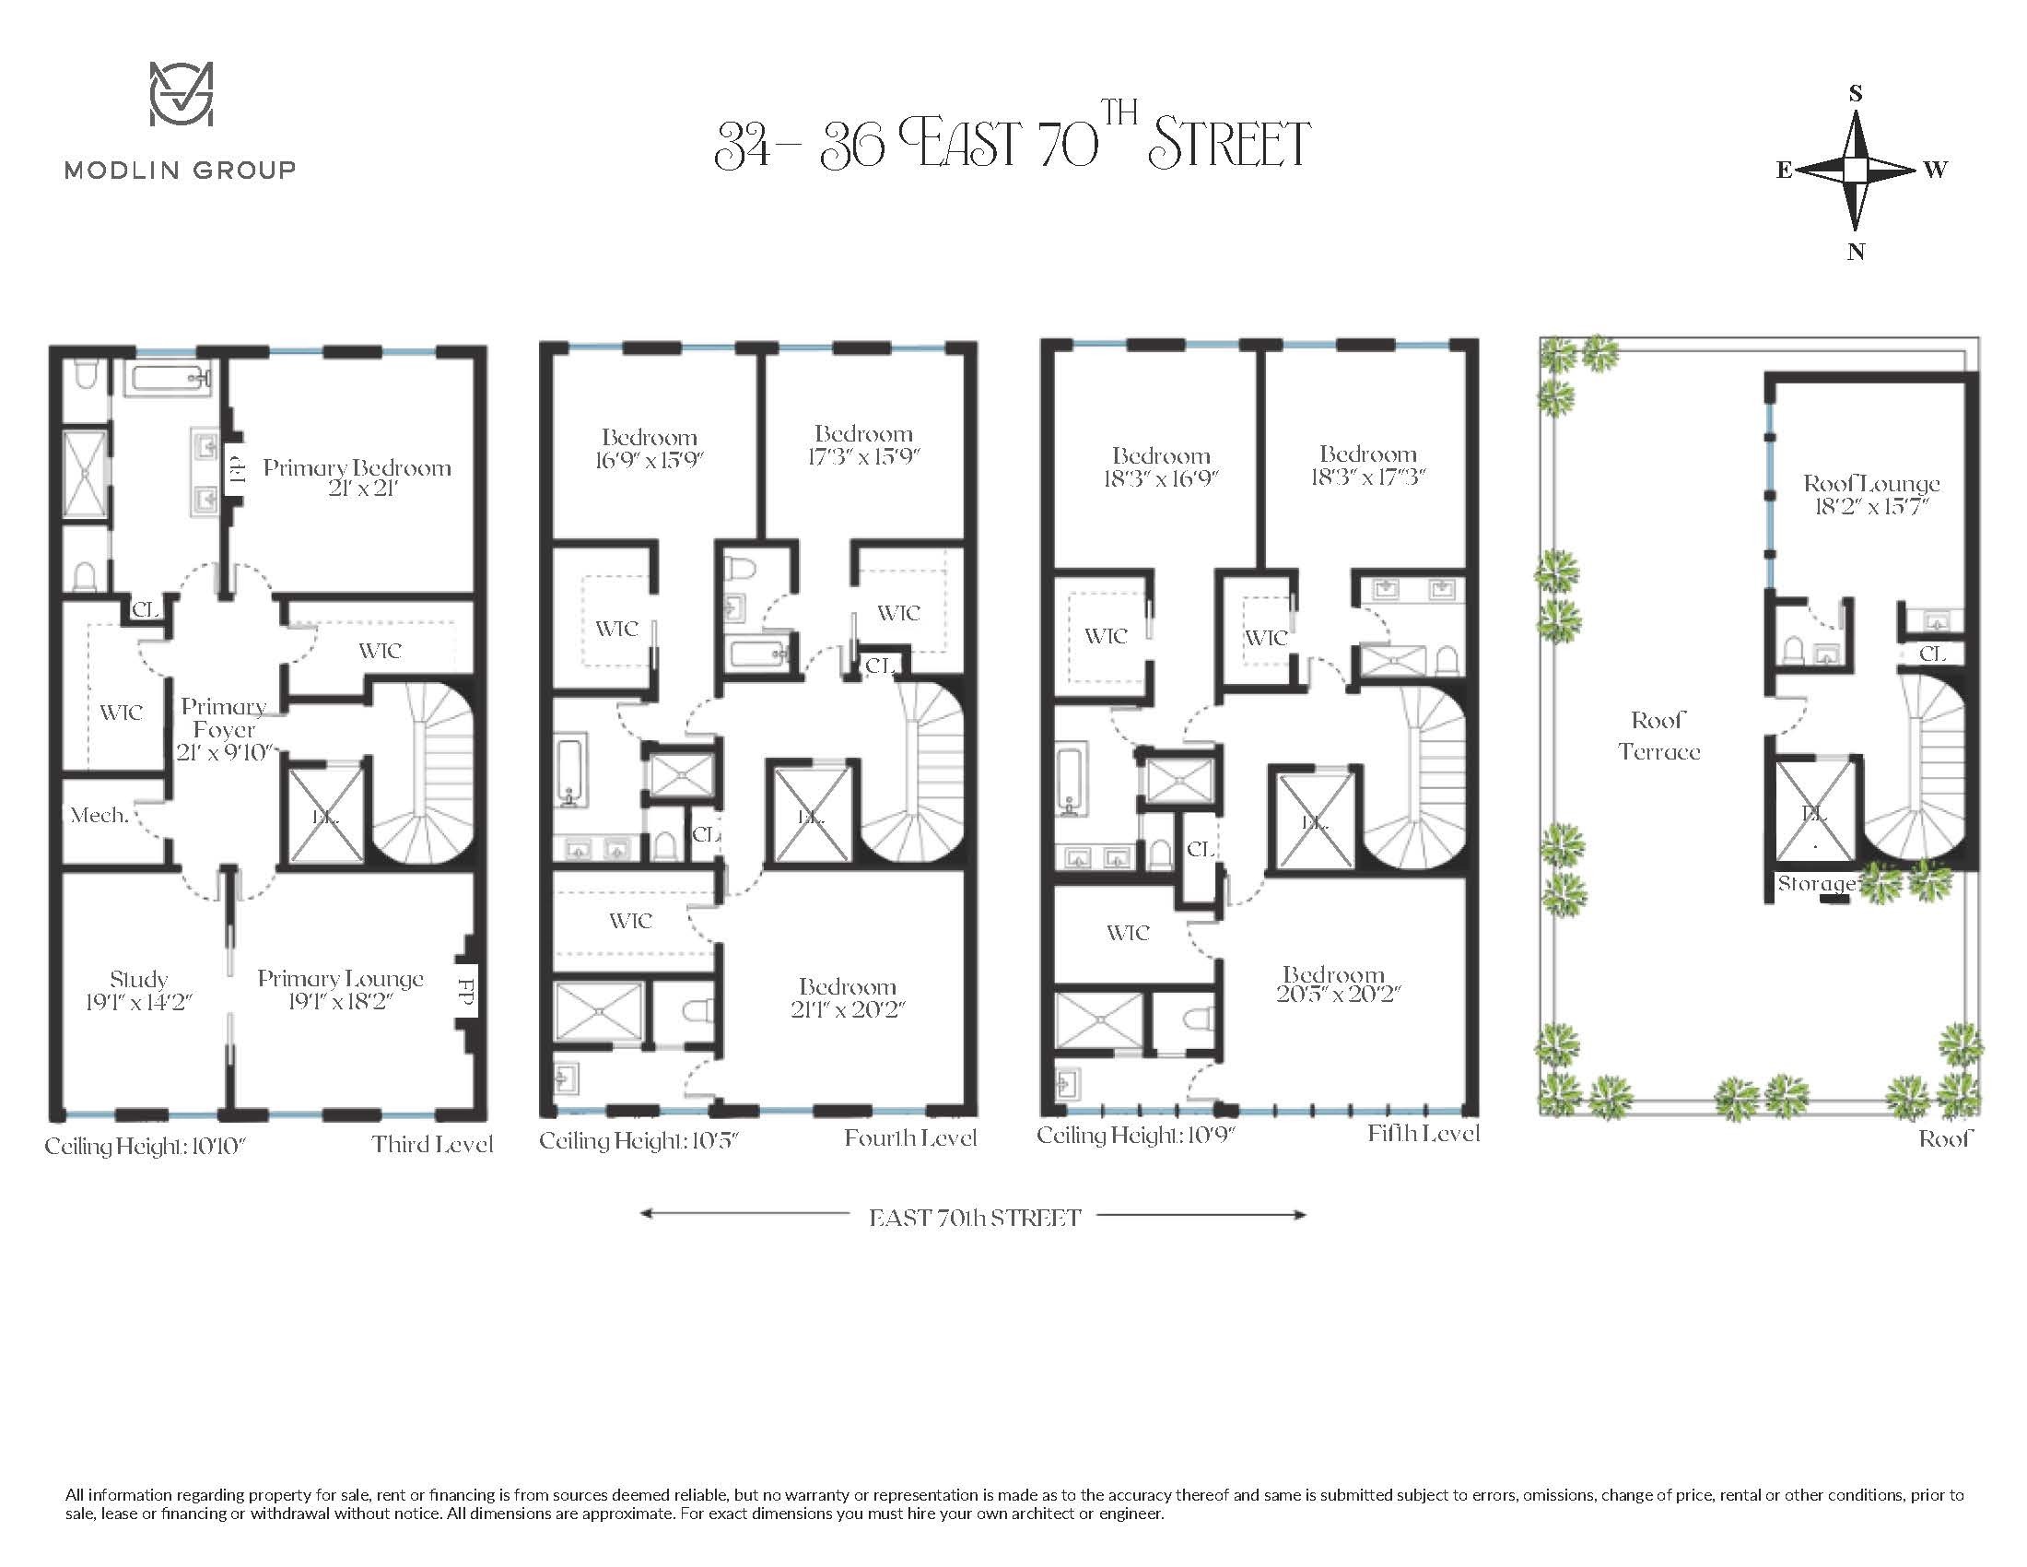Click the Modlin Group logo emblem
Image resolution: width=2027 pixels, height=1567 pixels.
coord(182,94)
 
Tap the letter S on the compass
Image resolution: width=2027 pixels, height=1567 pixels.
coord(1856,93)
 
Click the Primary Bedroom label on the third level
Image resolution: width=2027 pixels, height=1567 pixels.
coord(357,477)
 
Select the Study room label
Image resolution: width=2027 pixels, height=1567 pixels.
coord(138,990)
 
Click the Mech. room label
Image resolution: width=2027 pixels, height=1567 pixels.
coord(100,815)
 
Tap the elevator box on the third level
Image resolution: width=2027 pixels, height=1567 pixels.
coord(324,814)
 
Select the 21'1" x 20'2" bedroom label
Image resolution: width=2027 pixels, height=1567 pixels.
coord(847,997)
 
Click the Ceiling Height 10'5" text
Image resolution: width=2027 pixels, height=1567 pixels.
coord(638,1141)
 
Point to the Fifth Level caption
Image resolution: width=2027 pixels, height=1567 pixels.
coord(1422,1134)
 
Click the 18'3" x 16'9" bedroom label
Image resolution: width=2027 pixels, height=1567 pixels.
coord(1160,466)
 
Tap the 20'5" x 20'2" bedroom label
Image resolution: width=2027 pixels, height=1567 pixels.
coord(1334,984)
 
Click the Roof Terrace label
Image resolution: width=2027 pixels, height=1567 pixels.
coord(1658,736)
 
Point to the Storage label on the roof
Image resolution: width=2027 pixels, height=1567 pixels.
coord(1814,884)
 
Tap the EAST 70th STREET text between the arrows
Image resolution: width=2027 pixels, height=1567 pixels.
coord(975,1218)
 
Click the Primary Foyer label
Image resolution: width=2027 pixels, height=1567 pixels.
coord(223,728)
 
